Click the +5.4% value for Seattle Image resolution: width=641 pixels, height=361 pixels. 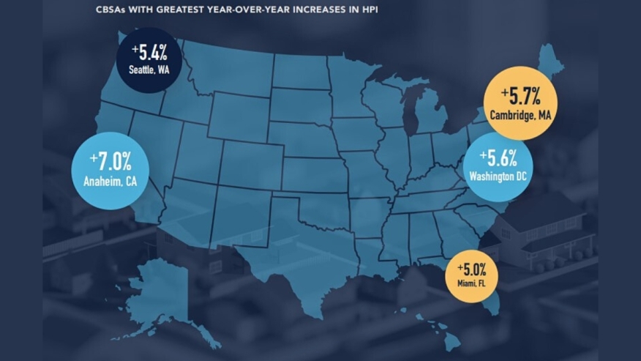[x=150, y=52]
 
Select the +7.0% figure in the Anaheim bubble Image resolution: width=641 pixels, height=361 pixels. [x=110, y=159]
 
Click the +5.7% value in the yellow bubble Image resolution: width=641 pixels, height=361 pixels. [x=520, y=95]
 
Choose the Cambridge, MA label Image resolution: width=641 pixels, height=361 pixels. [x=520, y=115]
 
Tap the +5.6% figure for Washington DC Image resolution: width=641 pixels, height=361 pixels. [x=498, y=157]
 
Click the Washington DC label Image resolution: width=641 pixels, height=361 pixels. [x=498, y=176]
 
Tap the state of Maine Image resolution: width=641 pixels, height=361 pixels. [x=551, y=62]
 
